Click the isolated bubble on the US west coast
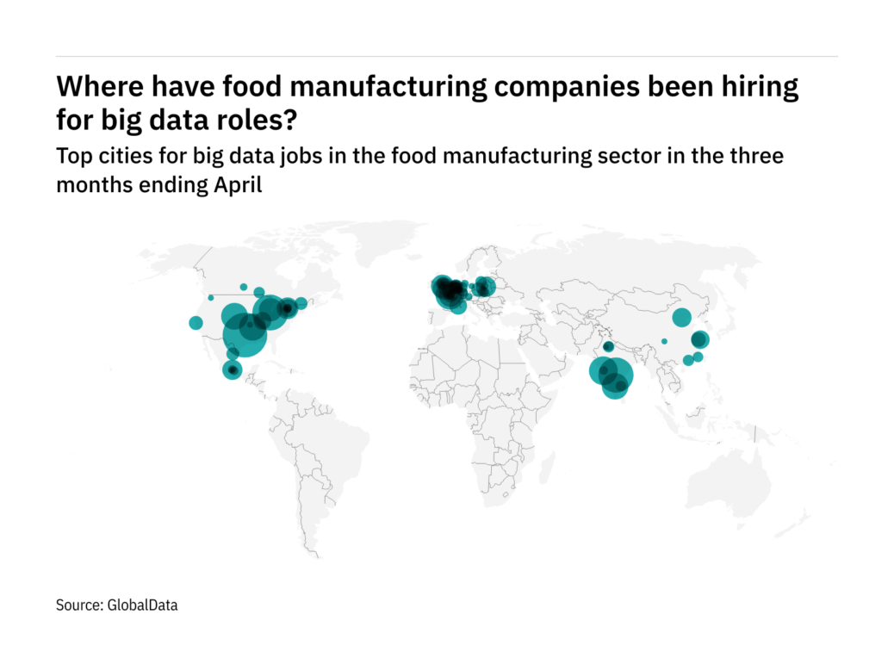[x=196, y=323]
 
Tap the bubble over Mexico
[x=232, y=369]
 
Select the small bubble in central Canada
[x=244, y=287]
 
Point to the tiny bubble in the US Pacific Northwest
[x=210, y=298]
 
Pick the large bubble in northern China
[x=681, y=317]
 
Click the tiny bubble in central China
[x=664, y=341]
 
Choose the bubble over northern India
[x=608, y=346]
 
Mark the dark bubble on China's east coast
[x=699, y=339]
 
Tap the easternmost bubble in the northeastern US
[x=301, y=303]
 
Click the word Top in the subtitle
[x=71, y=158]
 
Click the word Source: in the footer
[x=79, y=605]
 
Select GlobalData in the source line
[x=142, y=605]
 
